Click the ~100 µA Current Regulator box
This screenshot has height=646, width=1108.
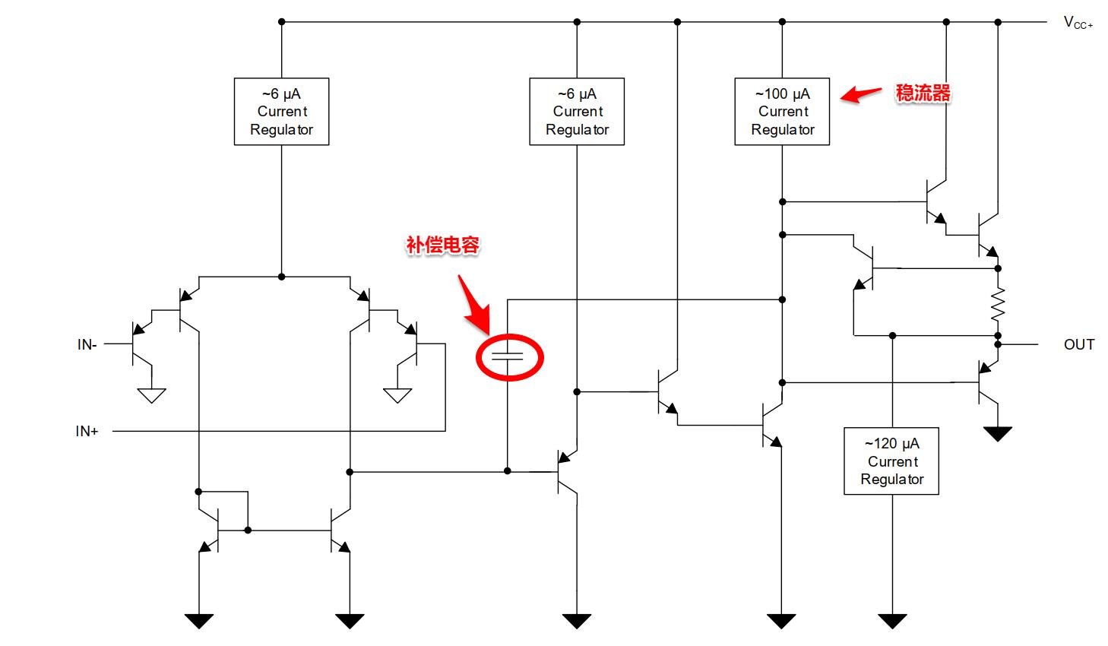pyautogui.click(x=782, y=112)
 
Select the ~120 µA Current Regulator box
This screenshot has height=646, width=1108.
pyautogui.click(x=891, y=461)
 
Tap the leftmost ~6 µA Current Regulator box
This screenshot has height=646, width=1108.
pyautogui.click(x=281, y=112)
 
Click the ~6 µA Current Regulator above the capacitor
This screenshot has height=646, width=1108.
pyautogui.click(x=577, y=112)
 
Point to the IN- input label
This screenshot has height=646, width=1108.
pyautogui.click(x=87, y=344)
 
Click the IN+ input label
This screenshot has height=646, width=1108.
pyautogui.click(x=87, y=431)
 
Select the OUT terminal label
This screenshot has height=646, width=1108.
pyautogui.click(x=1078, y=344)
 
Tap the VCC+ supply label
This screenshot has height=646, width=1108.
pyautogui.click(x=1078, y=23)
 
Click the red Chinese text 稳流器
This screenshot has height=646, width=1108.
pyautogui.click(x=923, y=93)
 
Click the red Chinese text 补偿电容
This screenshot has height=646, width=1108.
pyautogui.click(x=442, y=245)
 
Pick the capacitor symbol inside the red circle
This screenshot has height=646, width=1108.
pyautogui.click(x=508, y=356)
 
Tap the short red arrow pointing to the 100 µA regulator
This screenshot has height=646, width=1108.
pyautogui.click(x=860, y=94)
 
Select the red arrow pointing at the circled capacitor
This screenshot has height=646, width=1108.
pyautogui.click(x=474, y=306)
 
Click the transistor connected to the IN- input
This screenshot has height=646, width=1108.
pyautogui.click(x=137, y=344)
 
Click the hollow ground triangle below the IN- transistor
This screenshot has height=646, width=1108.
pyautogui.click(x=152, y=395)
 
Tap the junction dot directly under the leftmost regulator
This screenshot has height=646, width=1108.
pyautogui.click(x=281, y=277)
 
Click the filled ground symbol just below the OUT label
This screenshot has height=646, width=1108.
pyautogui.click(x=998, y=434)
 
